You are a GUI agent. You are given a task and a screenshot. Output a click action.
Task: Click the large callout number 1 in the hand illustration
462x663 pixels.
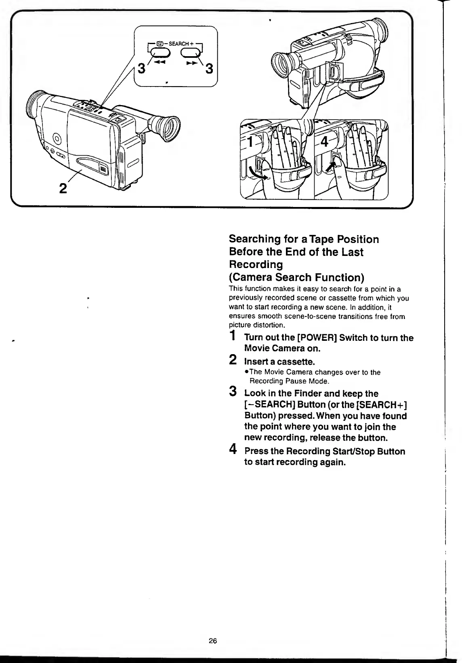(251, 142)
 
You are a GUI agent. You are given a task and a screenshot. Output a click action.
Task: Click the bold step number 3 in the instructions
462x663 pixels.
(233, 392)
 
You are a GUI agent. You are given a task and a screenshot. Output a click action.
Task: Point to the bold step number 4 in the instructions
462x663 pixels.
(233, 449)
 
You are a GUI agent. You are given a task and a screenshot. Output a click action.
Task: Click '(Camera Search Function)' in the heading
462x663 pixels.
(296, 277)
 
